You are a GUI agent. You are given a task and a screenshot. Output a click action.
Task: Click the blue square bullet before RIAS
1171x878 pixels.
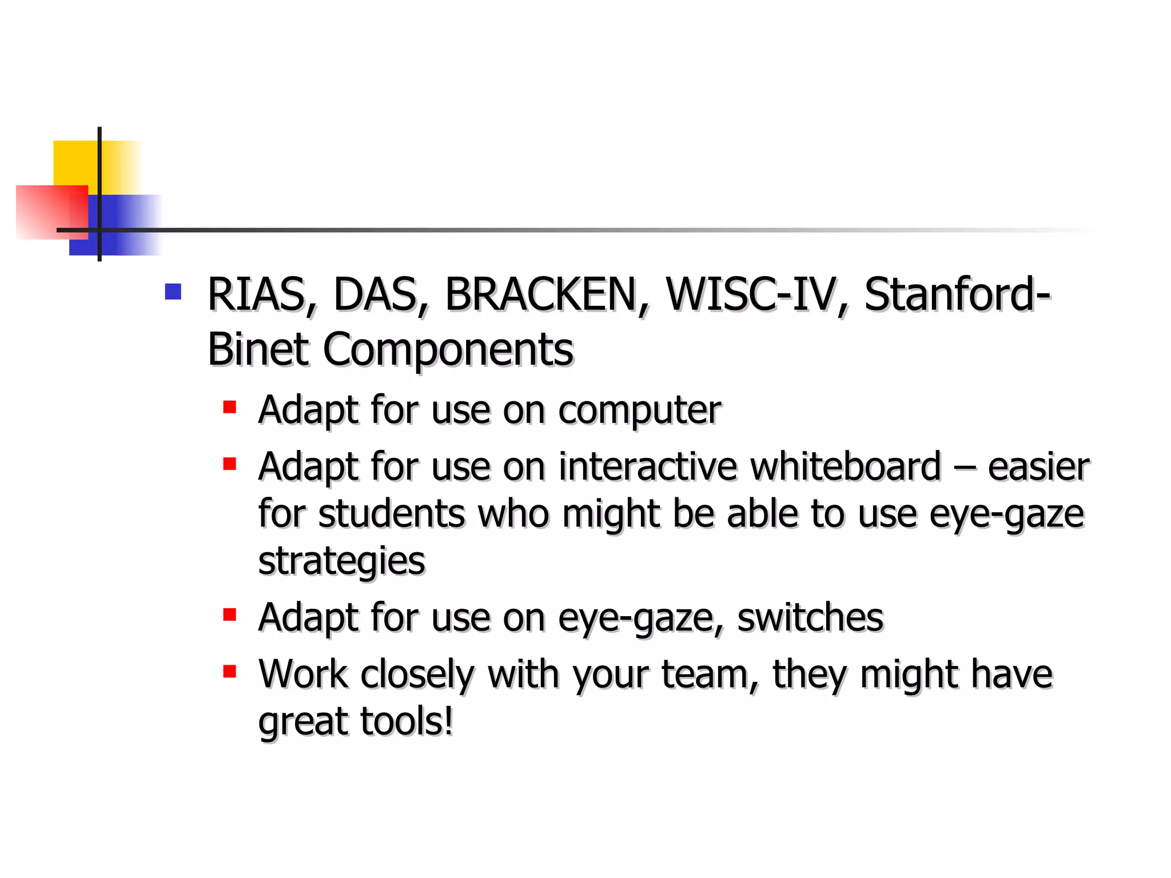point(173,292)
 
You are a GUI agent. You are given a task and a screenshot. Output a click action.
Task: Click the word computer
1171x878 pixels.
point(639,410)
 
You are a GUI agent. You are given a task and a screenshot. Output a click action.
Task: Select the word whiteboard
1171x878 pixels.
point(845,466)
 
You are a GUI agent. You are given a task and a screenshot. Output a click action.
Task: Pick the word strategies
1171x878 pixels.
point(341,561)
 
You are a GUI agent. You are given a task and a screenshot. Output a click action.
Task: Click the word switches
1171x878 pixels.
point(810,618)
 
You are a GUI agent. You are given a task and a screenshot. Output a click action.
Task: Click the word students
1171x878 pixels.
point(391,514)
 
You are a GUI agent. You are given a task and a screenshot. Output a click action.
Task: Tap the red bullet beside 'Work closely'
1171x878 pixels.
point(230,671)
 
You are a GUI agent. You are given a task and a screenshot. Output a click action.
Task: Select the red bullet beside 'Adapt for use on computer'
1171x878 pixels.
point(230,407)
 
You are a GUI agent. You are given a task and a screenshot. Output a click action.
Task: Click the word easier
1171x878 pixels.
point(1038,466)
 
